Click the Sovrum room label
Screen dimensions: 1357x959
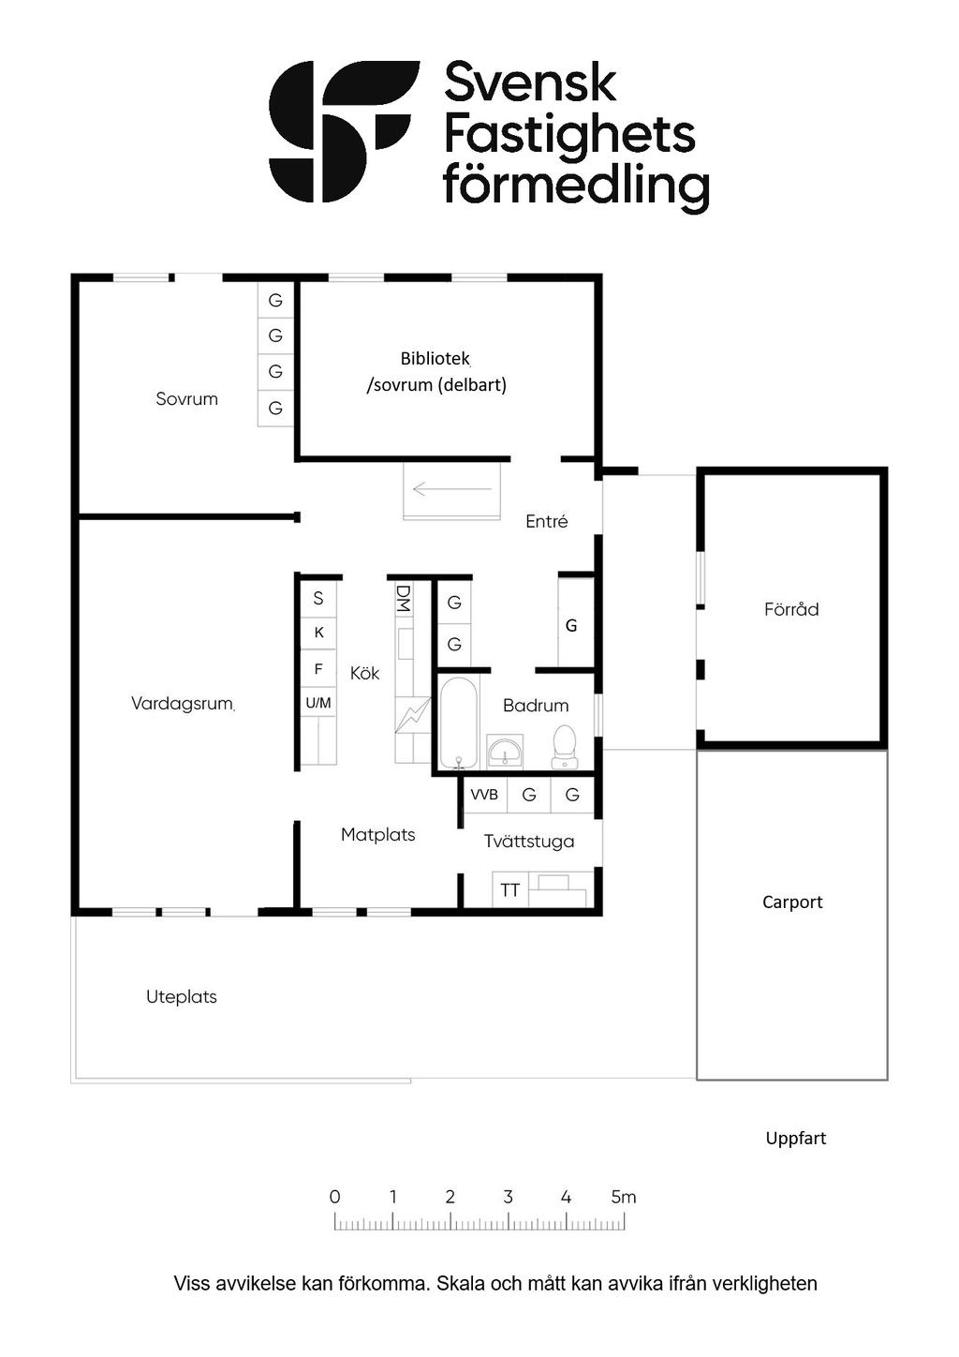click(186, 399)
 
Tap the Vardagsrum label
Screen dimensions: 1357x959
click(182, 704)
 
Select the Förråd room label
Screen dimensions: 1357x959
click(791, 610)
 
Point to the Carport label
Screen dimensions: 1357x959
click(792, 902)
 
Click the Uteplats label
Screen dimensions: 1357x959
click(182, 997)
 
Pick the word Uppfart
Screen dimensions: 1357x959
click(796, 1139)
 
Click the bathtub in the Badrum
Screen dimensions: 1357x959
click(458, 723)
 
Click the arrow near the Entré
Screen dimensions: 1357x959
click(451, 488)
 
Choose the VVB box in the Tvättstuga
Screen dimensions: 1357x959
click(484, 795)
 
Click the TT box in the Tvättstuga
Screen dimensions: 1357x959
click(509, 890)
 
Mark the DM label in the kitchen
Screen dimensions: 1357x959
click(404, 598)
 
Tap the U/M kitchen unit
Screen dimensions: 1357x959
click(318, 703)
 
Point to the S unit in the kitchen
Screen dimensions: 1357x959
click(318, 598)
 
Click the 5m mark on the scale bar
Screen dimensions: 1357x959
click(624, 1198)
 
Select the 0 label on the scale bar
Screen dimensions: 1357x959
click(334, 1198)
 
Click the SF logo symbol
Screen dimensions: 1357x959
click(343, 131)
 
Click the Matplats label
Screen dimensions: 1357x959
click(377, 835)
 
